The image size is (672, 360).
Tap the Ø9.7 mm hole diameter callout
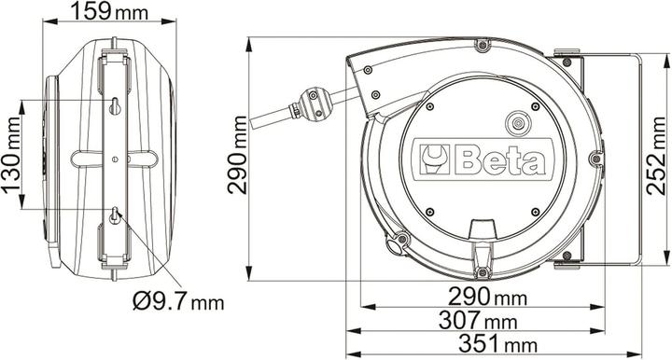178,303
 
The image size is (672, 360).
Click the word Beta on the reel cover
499,160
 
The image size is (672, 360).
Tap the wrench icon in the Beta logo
435,159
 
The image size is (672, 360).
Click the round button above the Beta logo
516,122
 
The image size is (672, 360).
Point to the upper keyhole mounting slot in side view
115,104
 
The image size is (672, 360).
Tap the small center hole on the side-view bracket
115,159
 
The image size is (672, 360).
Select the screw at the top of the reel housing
482,45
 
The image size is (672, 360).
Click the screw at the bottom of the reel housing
482,272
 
